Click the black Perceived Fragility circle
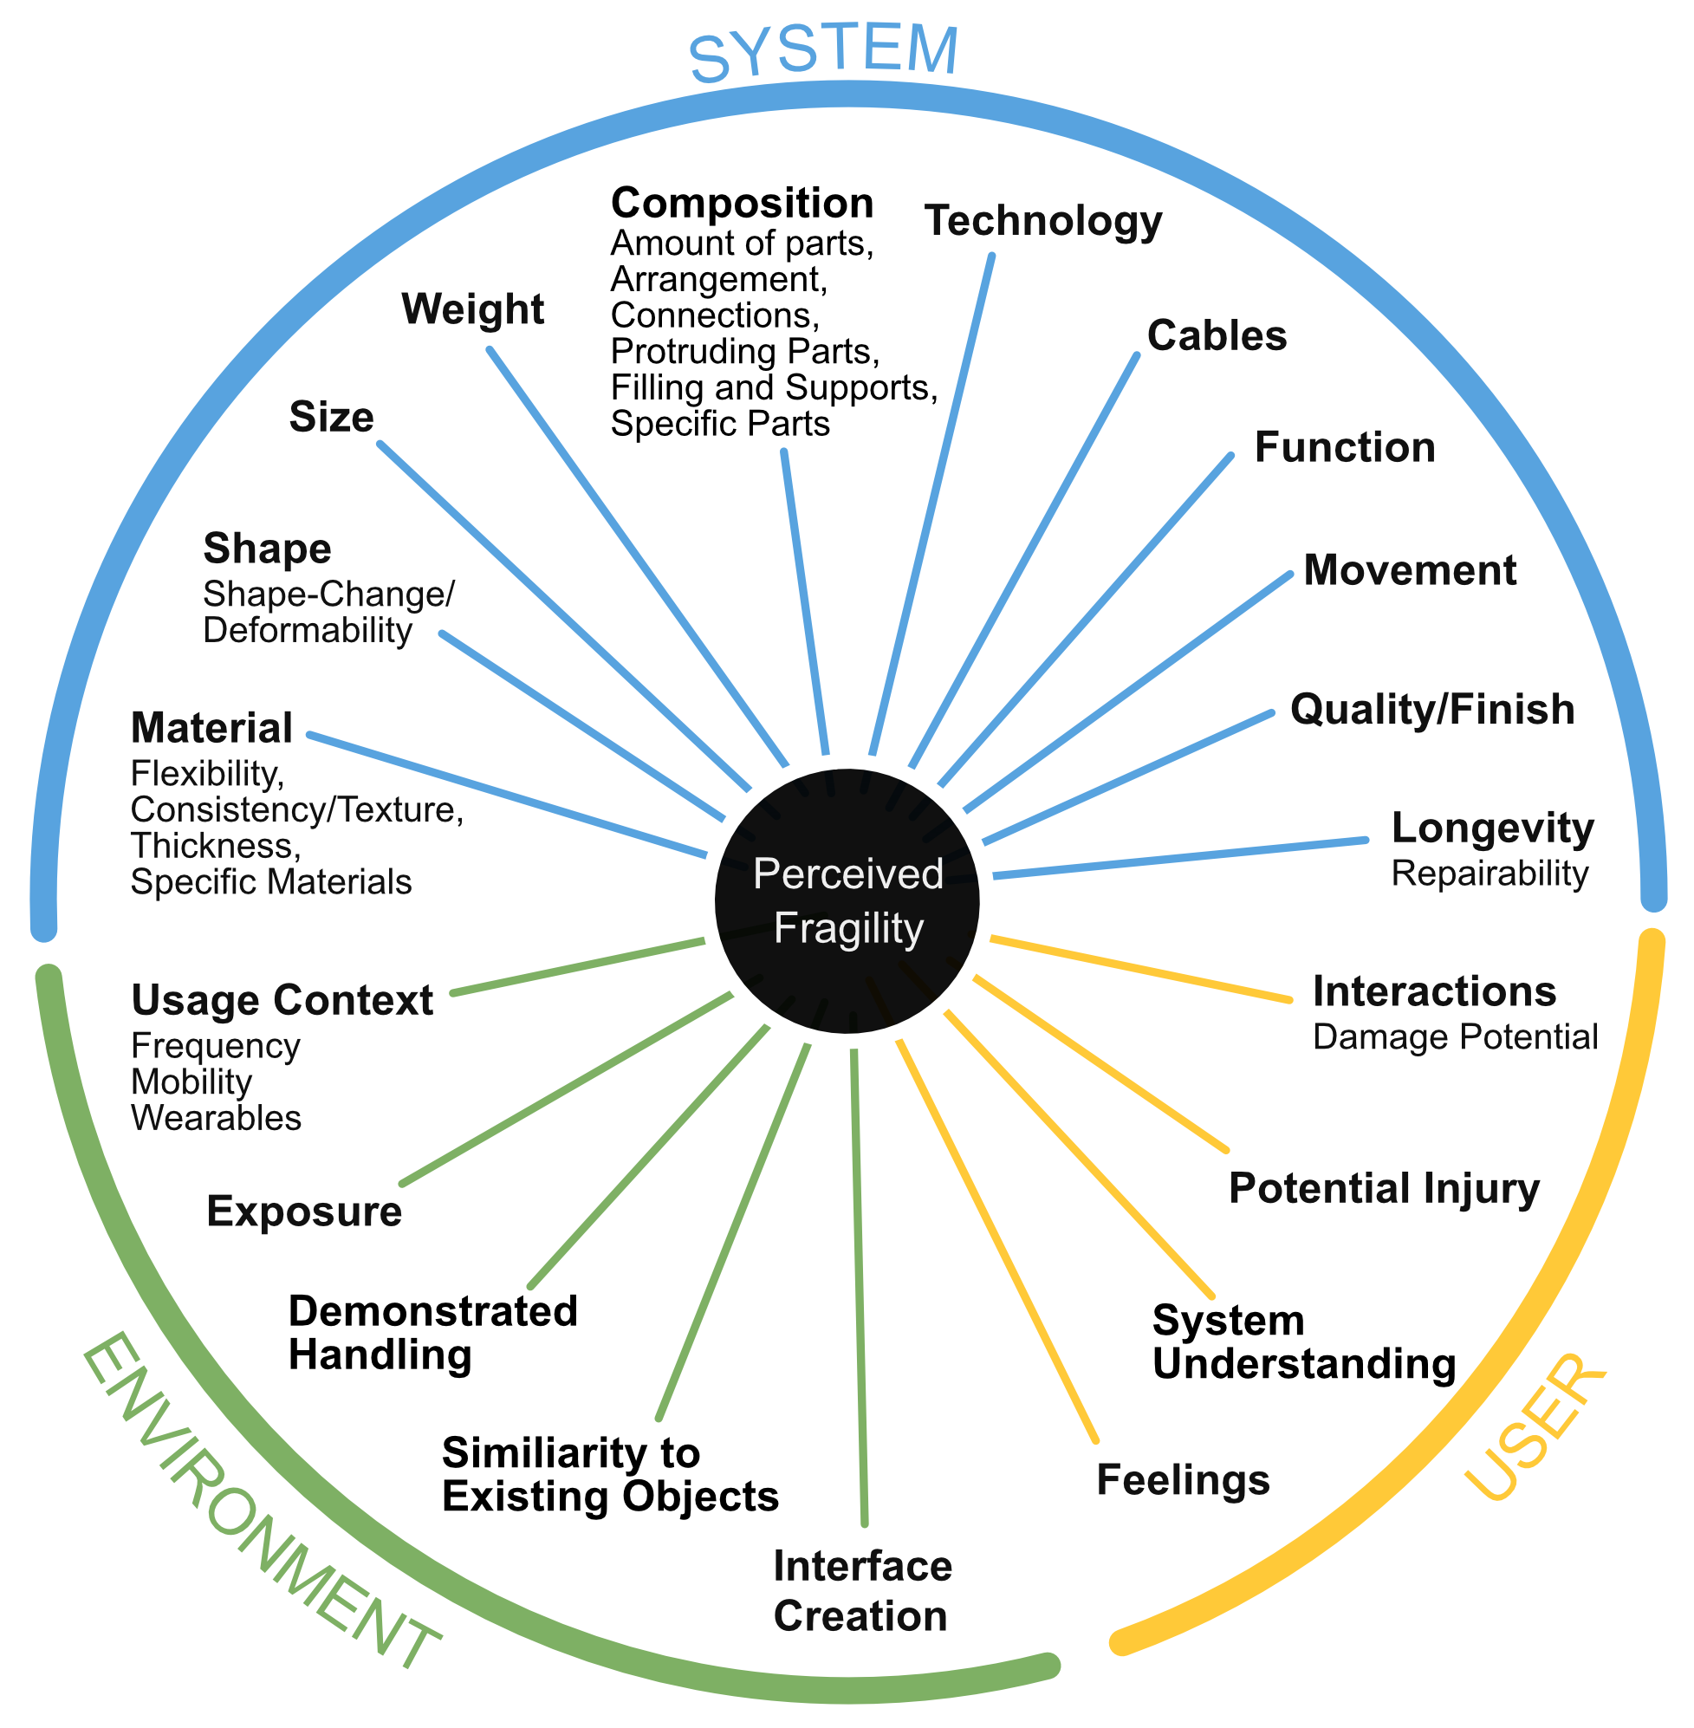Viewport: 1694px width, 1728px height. (847, 900)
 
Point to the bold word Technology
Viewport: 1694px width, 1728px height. (1042, 221)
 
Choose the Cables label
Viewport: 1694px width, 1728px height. (1217, 336)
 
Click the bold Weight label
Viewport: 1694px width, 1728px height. (472, 309)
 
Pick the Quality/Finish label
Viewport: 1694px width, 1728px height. (1431, 709)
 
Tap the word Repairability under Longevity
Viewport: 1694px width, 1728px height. (1490, 874)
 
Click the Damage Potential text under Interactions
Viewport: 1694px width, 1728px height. (1456, 1037)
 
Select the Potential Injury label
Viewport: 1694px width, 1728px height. (1384, 1189)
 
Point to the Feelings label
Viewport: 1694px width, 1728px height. (1183, 1480)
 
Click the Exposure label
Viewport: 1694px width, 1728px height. (304, 1212)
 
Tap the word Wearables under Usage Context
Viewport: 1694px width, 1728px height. (217, 1119)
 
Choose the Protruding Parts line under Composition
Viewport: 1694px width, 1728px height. (744, 353)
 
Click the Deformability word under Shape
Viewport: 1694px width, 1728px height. (307, 631)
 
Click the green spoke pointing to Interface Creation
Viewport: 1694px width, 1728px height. (860, 1282)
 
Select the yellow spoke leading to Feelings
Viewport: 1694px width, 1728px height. (996, 1240)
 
